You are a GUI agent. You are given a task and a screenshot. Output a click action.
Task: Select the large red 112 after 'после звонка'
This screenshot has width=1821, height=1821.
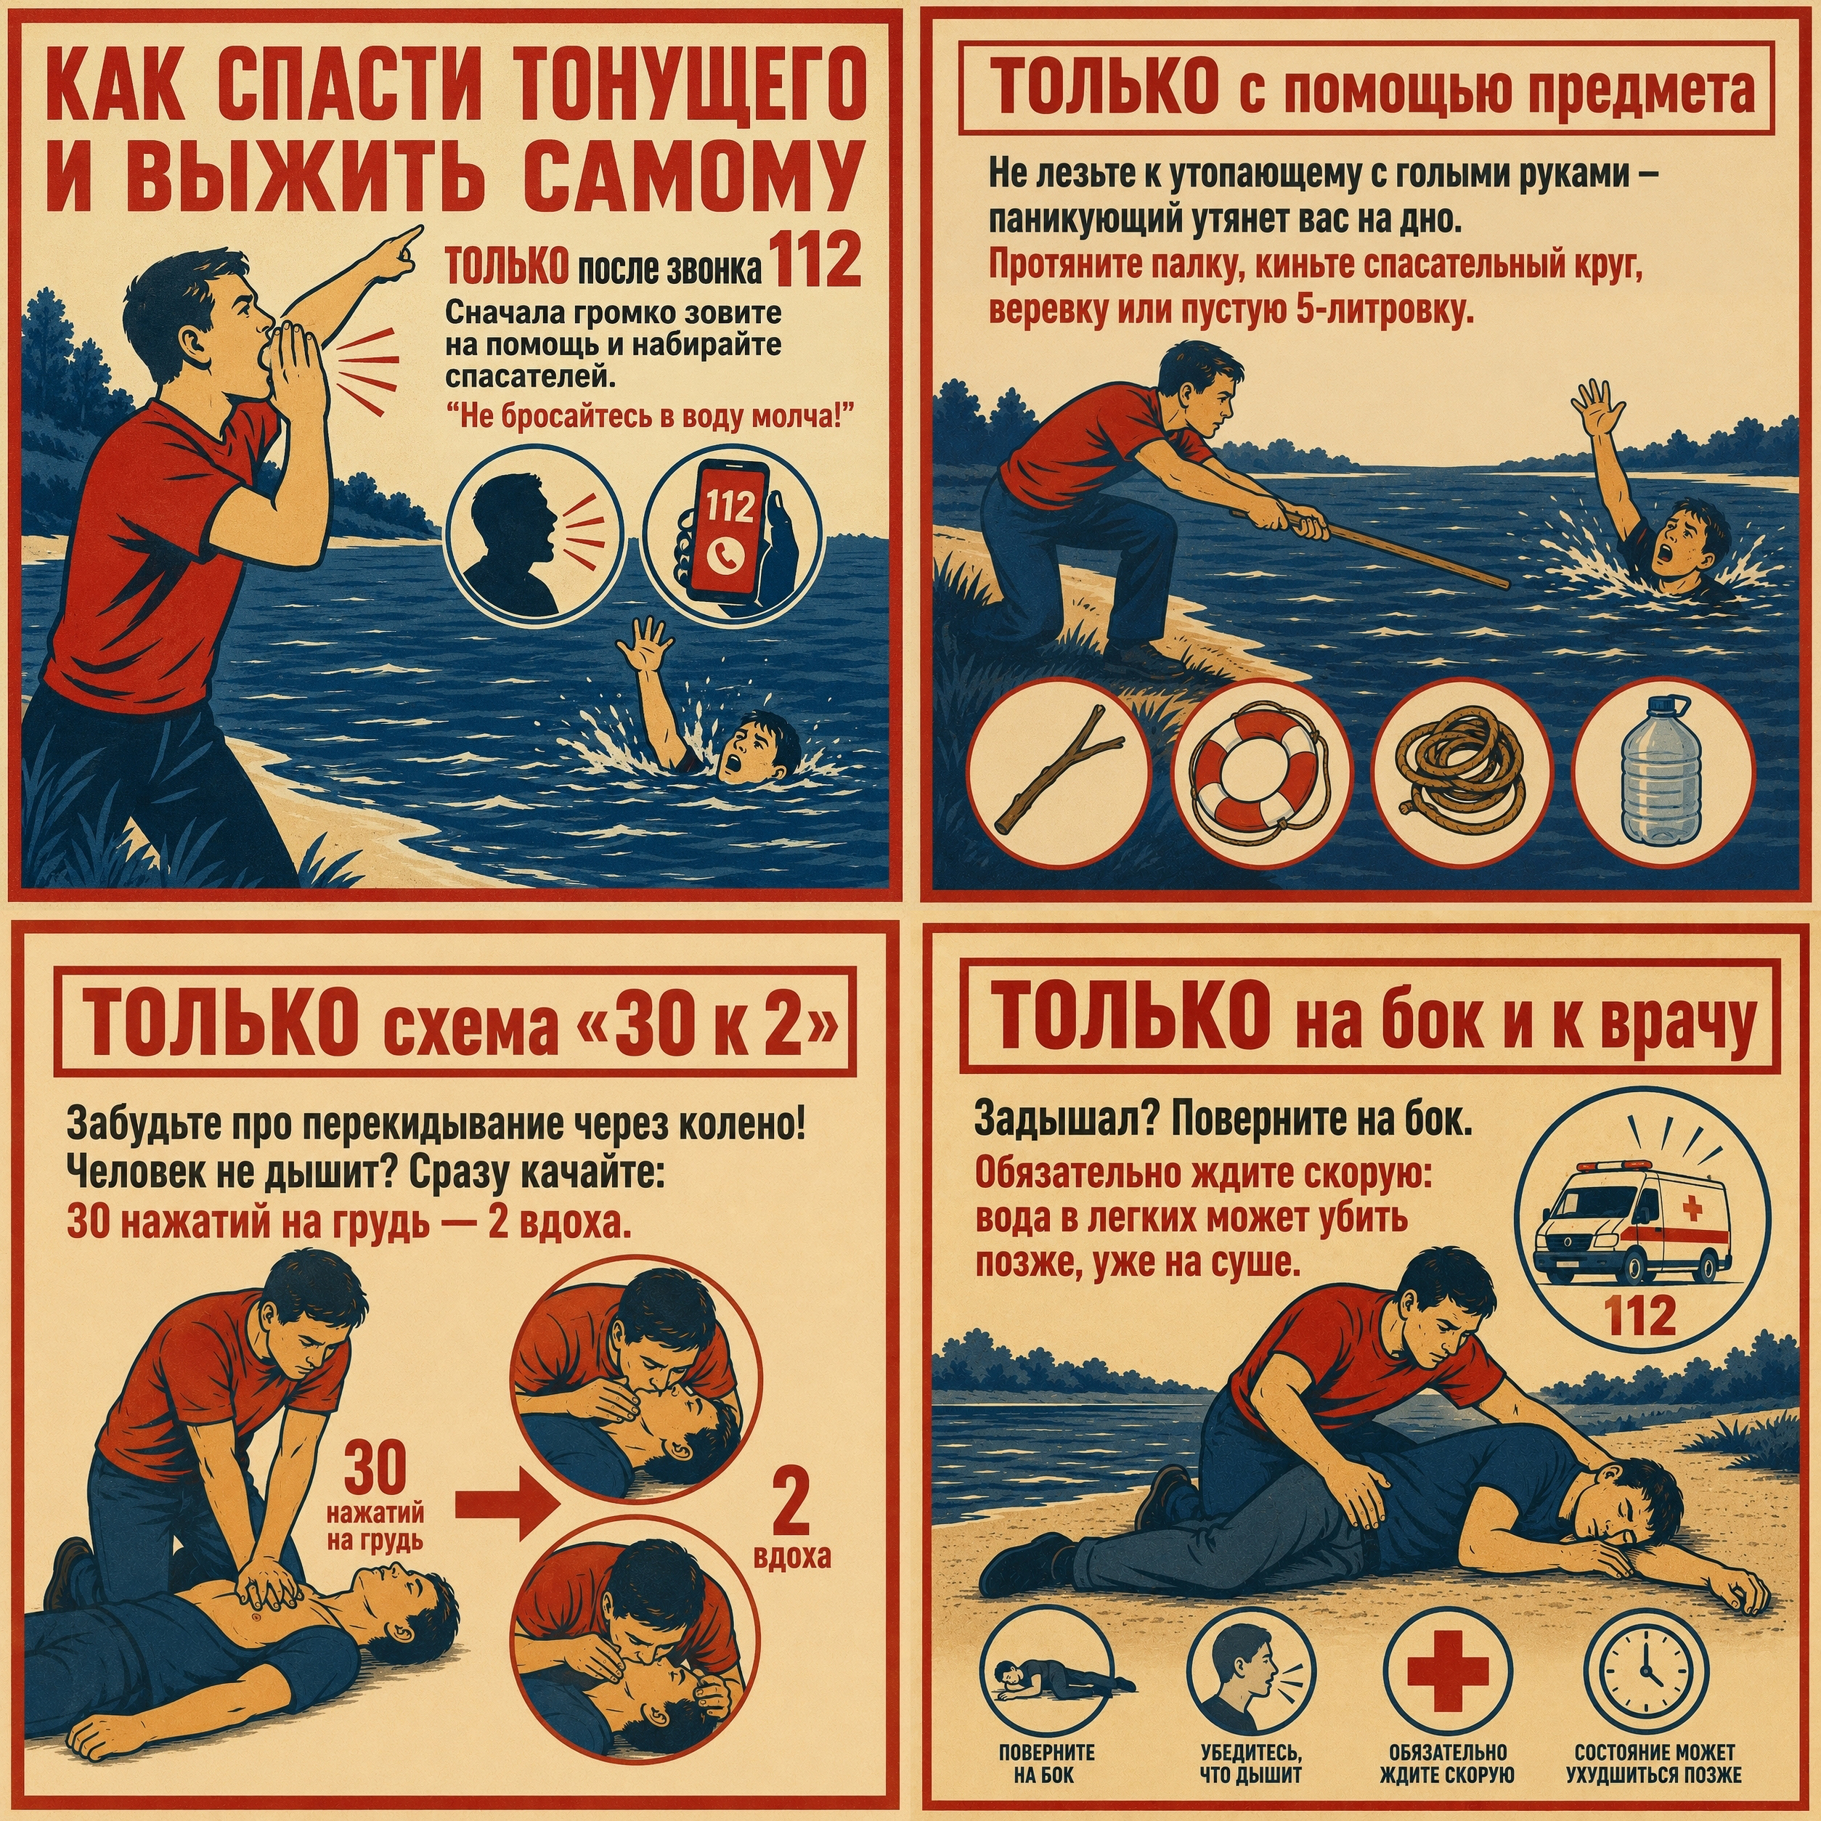tap(816, 261)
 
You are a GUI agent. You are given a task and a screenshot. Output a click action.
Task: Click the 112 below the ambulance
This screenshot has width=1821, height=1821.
tap(1641, 1315)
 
